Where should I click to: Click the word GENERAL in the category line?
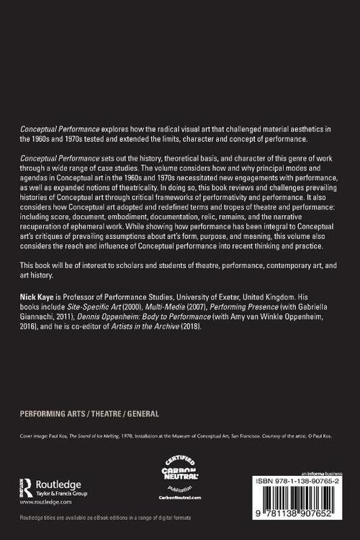tap(143, 414)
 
